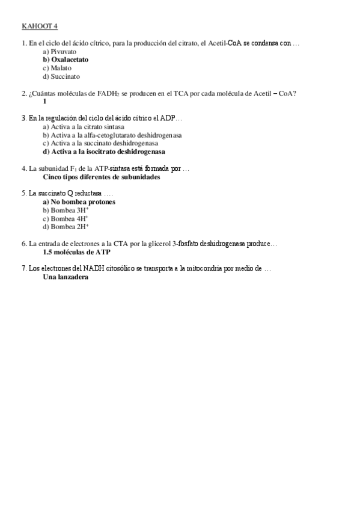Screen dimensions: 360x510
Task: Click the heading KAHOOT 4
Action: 40,26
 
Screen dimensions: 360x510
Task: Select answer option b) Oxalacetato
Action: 66,60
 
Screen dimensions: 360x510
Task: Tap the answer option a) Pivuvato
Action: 59,52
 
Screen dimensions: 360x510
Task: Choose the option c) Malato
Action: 57,69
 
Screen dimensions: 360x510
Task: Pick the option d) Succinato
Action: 61,77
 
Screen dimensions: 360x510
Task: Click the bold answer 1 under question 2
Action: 45,102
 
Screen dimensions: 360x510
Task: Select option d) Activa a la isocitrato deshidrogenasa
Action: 104,152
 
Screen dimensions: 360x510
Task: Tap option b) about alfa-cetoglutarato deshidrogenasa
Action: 112,135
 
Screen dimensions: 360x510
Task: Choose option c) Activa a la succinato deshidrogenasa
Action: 100,144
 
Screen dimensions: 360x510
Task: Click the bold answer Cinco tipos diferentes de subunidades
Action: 102,177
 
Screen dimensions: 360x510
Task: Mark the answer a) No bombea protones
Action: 79,202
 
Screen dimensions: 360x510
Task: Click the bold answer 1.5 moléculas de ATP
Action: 76,253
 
